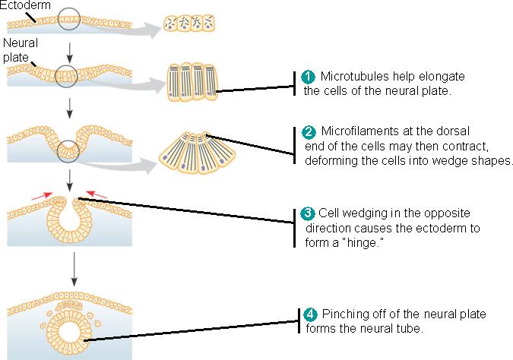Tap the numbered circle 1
[x=308, y=77]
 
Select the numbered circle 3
[x=308, y=213]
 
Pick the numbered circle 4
[x=310, y=315]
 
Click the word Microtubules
[x=355, y=77]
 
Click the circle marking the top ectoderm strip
[x=68, y=18]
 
